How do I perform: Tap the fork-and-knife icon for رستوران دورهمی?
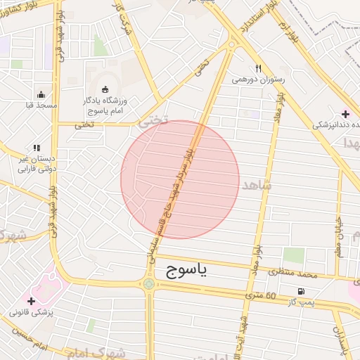258,68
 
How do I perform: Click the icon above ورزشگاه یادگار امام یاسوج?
105,89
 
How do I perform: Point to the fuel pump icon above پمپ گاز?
301,291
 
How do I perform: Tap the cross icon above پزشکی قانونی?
31,301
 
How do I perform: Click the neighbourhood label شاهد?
255,184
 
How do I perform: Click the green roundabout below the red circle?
149,284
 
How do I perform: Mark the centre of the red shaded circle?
180,179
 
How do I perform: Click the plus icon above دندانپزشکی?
345,114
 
